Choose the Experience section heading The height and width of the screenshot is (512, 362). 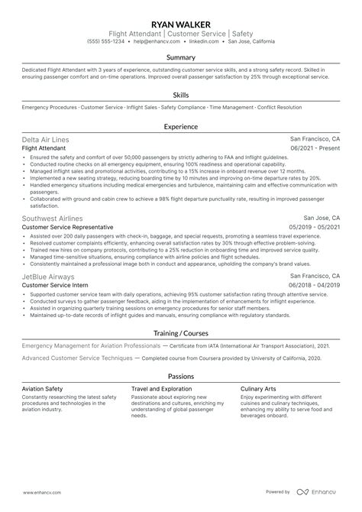[181, 126]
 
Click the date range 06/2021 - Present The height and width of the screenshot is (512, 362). [315, 149]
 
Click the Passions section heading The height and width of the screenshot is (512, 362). [181, 377]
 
